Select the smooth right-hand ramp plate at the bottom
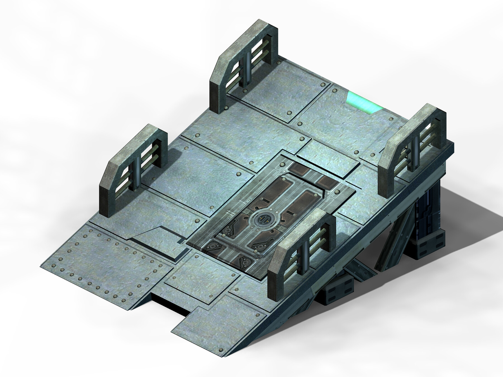click(x=221, y=327)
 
